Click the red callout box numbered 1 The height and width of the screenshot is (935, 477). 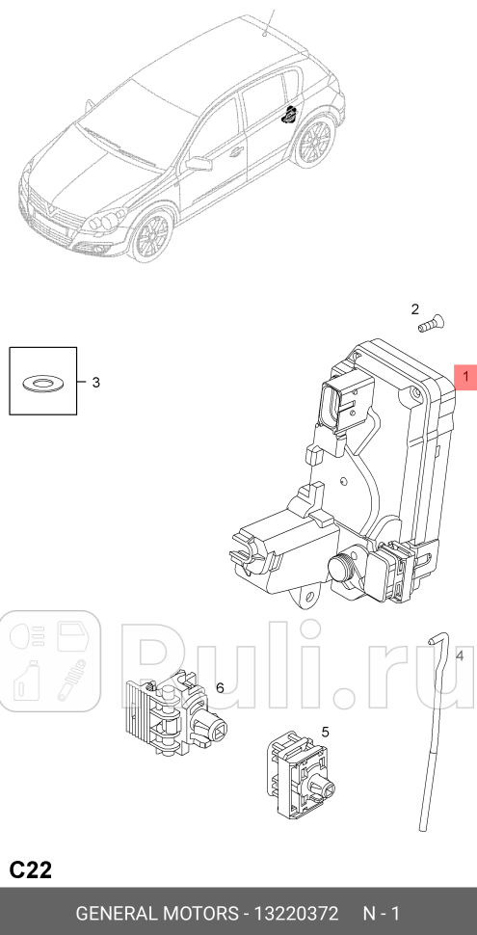465,377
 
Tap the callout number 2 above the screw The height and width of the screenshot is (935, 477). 415,309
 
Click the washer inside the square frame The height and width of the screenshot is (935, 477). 42,383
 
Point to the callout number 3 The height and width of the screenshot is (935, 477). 95,383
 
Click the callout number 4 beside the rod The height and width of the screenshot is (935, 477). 460,656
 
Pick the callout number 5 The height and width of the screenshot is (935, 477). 325,732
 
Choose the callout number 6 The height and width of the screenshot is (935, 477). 220,687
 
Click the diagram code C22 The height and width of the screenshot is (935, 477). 31,870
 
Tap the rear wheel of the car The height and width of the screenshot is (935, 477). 314,145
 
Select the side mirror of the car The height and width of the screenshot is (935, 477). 199,164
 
